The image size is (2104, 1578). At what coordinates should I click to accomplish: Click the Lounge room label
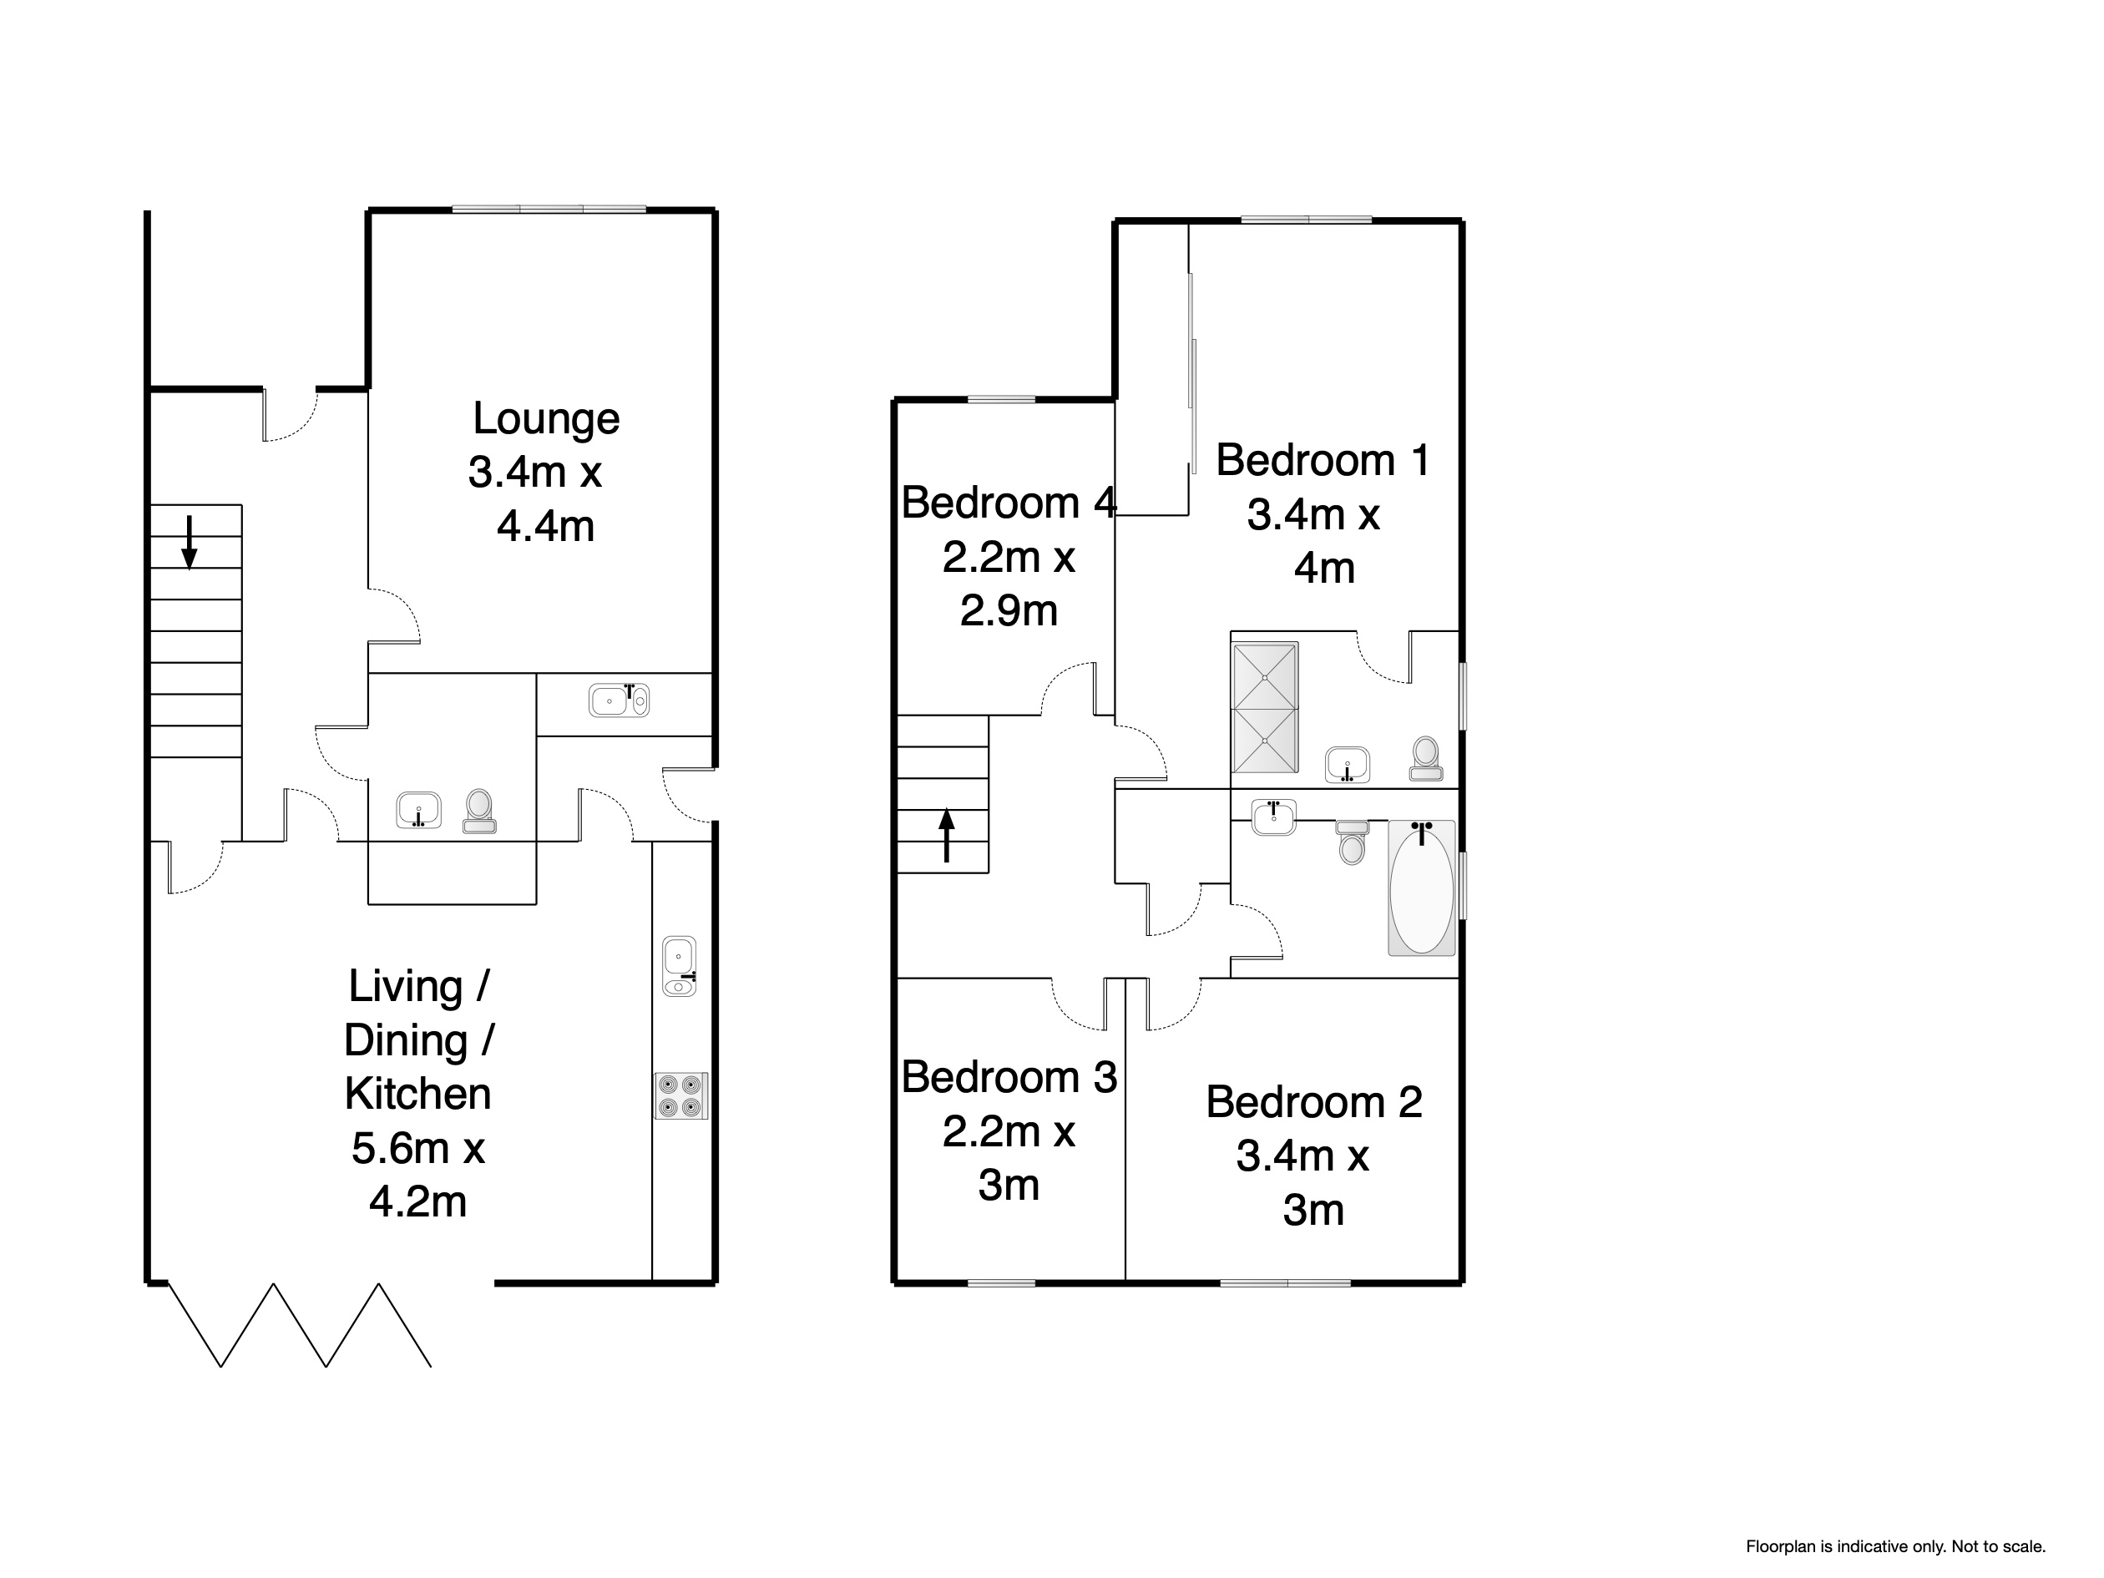point(546,418)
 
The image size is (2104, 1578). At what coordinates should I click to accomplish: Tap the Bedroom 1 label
point(1323,460)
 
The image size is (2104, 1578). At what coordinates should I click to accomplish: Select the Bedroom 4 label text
point(1009,503)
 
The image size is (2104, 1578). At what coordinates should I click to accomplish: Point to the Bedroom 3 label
point(1009,1078)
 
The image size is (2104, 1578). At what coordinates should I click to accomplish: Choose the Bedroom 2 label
point(1313,1102)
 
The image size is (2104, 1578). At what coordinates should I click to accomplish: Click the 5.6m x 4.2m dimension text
point(418,1176)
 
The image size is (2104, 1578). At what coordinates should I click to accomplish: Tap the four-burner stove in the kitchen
point(681,1095)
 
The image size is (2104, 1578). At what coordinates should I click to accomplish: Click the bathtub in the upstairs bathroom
point(1422,888)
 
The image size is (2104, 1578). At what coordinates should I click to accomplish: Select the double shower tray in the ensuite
point(1265,709)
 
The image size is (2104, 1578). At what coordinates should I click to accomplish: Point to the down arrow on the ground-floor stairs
point(190,542)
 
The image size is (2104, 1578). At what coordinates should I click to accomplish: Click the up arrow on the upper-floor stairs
point(947,835)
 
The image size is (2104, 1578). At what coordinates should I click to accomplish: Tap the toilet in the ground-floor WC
point(478,812)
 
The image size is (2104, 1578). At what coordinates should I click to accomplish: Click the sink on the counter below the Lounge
point(620,700)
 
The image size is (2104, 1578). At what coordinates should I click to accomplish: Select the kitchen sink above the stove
point(679,966)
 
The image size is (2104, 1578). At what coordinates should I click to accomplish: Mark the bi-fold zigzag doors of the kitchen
point(301,1325)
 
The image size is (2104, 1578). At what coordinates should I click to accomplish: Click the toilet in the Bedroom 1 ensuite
point(1425,759)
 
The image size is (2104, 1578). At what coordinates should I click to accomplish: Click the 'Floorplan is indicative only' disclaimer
point(1896,1546)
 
